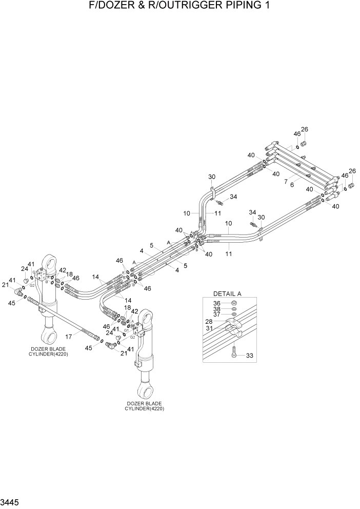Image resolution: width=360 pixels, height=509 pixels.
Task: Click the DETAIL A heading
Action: (227, 293)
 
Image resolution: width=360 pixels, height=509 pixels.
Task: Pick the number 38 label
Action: (217, 309)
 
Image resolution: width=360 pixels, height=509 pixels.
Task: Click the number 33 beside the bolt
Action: (250, 355)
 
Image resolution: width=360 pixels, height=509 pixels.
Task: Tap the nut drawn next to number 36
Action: (233, 303)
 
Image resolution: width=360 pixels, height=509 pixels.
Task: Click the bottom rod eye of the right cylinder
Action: (146, 392)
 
